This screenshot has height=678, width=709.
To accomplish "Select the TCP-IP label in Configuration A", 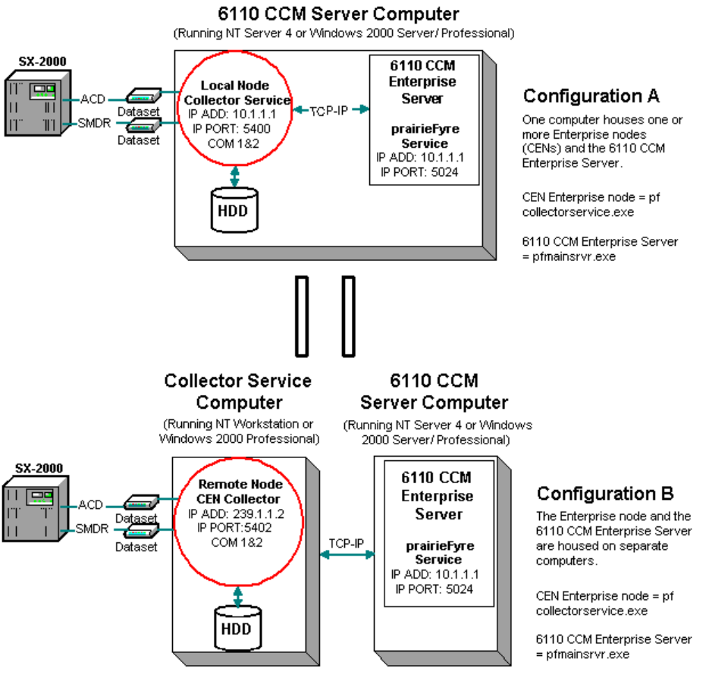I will click(330, 110).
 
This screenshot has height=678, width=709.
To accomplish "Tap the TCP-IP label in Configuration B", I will click(347, 543).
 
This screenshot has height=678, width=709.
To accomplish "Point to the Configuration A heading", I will click(591, 96).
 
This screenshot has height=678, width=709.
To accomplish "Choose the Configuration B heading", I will click(605, 494).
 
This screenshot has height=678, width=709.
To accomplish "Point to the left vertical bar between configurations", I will click(303, 316).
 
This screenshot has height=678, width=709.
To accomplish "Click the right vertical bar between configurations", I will click(348, 316).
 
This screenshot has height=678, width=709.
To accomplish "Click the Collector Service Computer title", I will click(239, 391).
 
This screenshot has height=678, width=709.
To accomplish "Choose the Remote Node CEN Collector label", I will click(239, 491).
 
